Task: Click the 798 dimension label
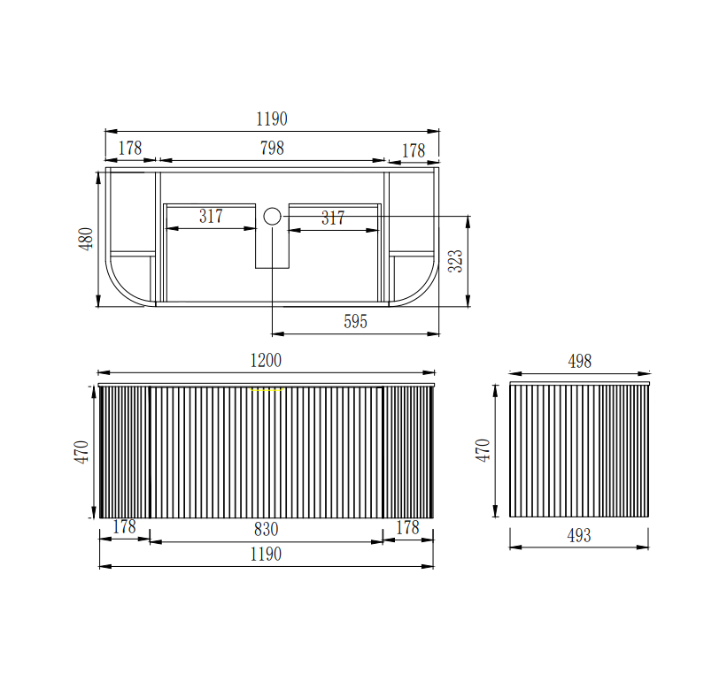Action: tap(272, 149)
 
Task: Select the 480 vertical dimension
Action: tap(86, 239)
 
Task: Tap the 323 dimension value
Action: tap(456, 261)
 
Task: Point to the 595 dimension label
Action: tap(356, 321)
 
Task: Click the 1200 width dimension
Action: tap(266, 360)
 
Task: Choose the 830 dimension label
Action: tap(267, 529)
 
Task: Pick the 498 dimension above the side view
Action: tap(579, 361)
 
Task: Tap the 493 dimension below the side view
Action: tap(579, 536)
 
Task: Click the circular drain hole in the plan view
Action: tap(272, 216)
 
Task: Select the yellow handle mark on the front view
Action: tap(267, 390)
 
